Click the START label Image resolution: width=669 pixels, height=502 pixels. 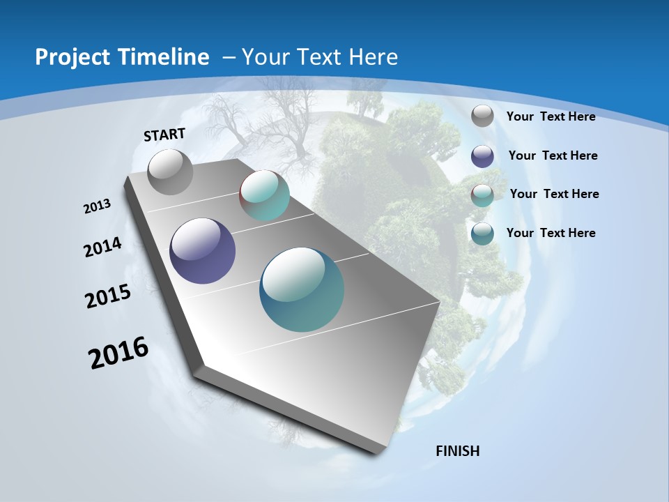tap(164, 135)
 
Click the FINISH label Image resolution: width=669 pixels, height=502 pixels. tap(457, 450)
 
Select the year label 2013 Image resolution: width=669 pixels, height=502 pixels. tap(97, 206)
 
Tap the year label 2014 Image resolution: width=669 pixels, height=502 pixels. tap(102, 247)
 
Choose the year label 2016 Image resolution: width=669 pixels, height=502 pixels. tap(118, 353)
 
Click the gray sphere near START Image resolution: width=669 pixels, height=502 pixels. tap(170, 172)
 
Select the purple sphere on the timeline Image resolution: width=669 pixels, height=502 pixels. tap(202, 251)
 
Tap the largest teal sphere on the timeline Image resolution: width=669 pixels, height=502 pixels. tap(302, 289)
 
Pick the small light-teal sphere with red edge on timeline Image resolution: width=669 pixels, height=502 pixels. tap(264, 195)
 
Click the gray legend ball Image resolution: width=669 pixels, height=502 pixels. tap(482, 116)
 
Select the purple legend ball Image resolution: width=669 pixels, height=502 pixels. tap(482, 155)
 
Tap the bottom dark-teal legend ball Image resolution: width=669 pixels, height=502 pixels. tap(482, 233)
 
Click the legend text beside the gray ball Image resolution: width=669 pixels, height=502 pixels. tap(551, 116)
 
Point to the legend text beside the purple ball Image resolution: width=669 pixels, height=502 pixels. tap(553, 155)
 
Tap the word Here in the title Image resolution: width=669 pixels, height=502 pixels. tap(374, 57)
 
